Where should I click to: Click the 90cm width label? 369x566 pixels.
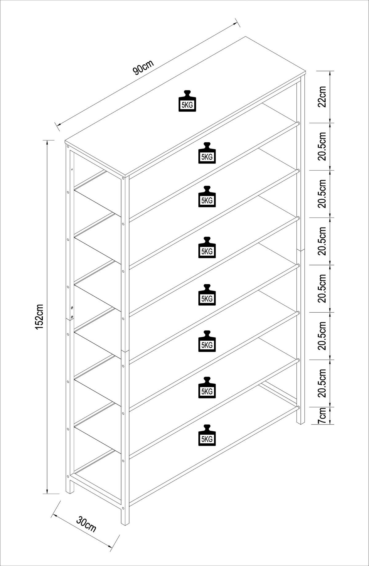pos(143,67)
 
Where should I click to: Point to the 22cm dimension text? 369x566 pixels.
pos(322,97)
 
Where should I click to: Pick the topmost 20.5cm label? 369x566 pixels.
pos(322,146)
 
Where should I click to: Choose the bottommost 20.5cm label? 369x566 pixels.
pos(322,383)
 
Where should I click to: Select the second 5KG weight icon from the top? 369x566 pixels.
pos(207,153)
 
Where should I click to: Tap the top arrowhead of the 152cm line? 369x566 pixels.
pos(47,142)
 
